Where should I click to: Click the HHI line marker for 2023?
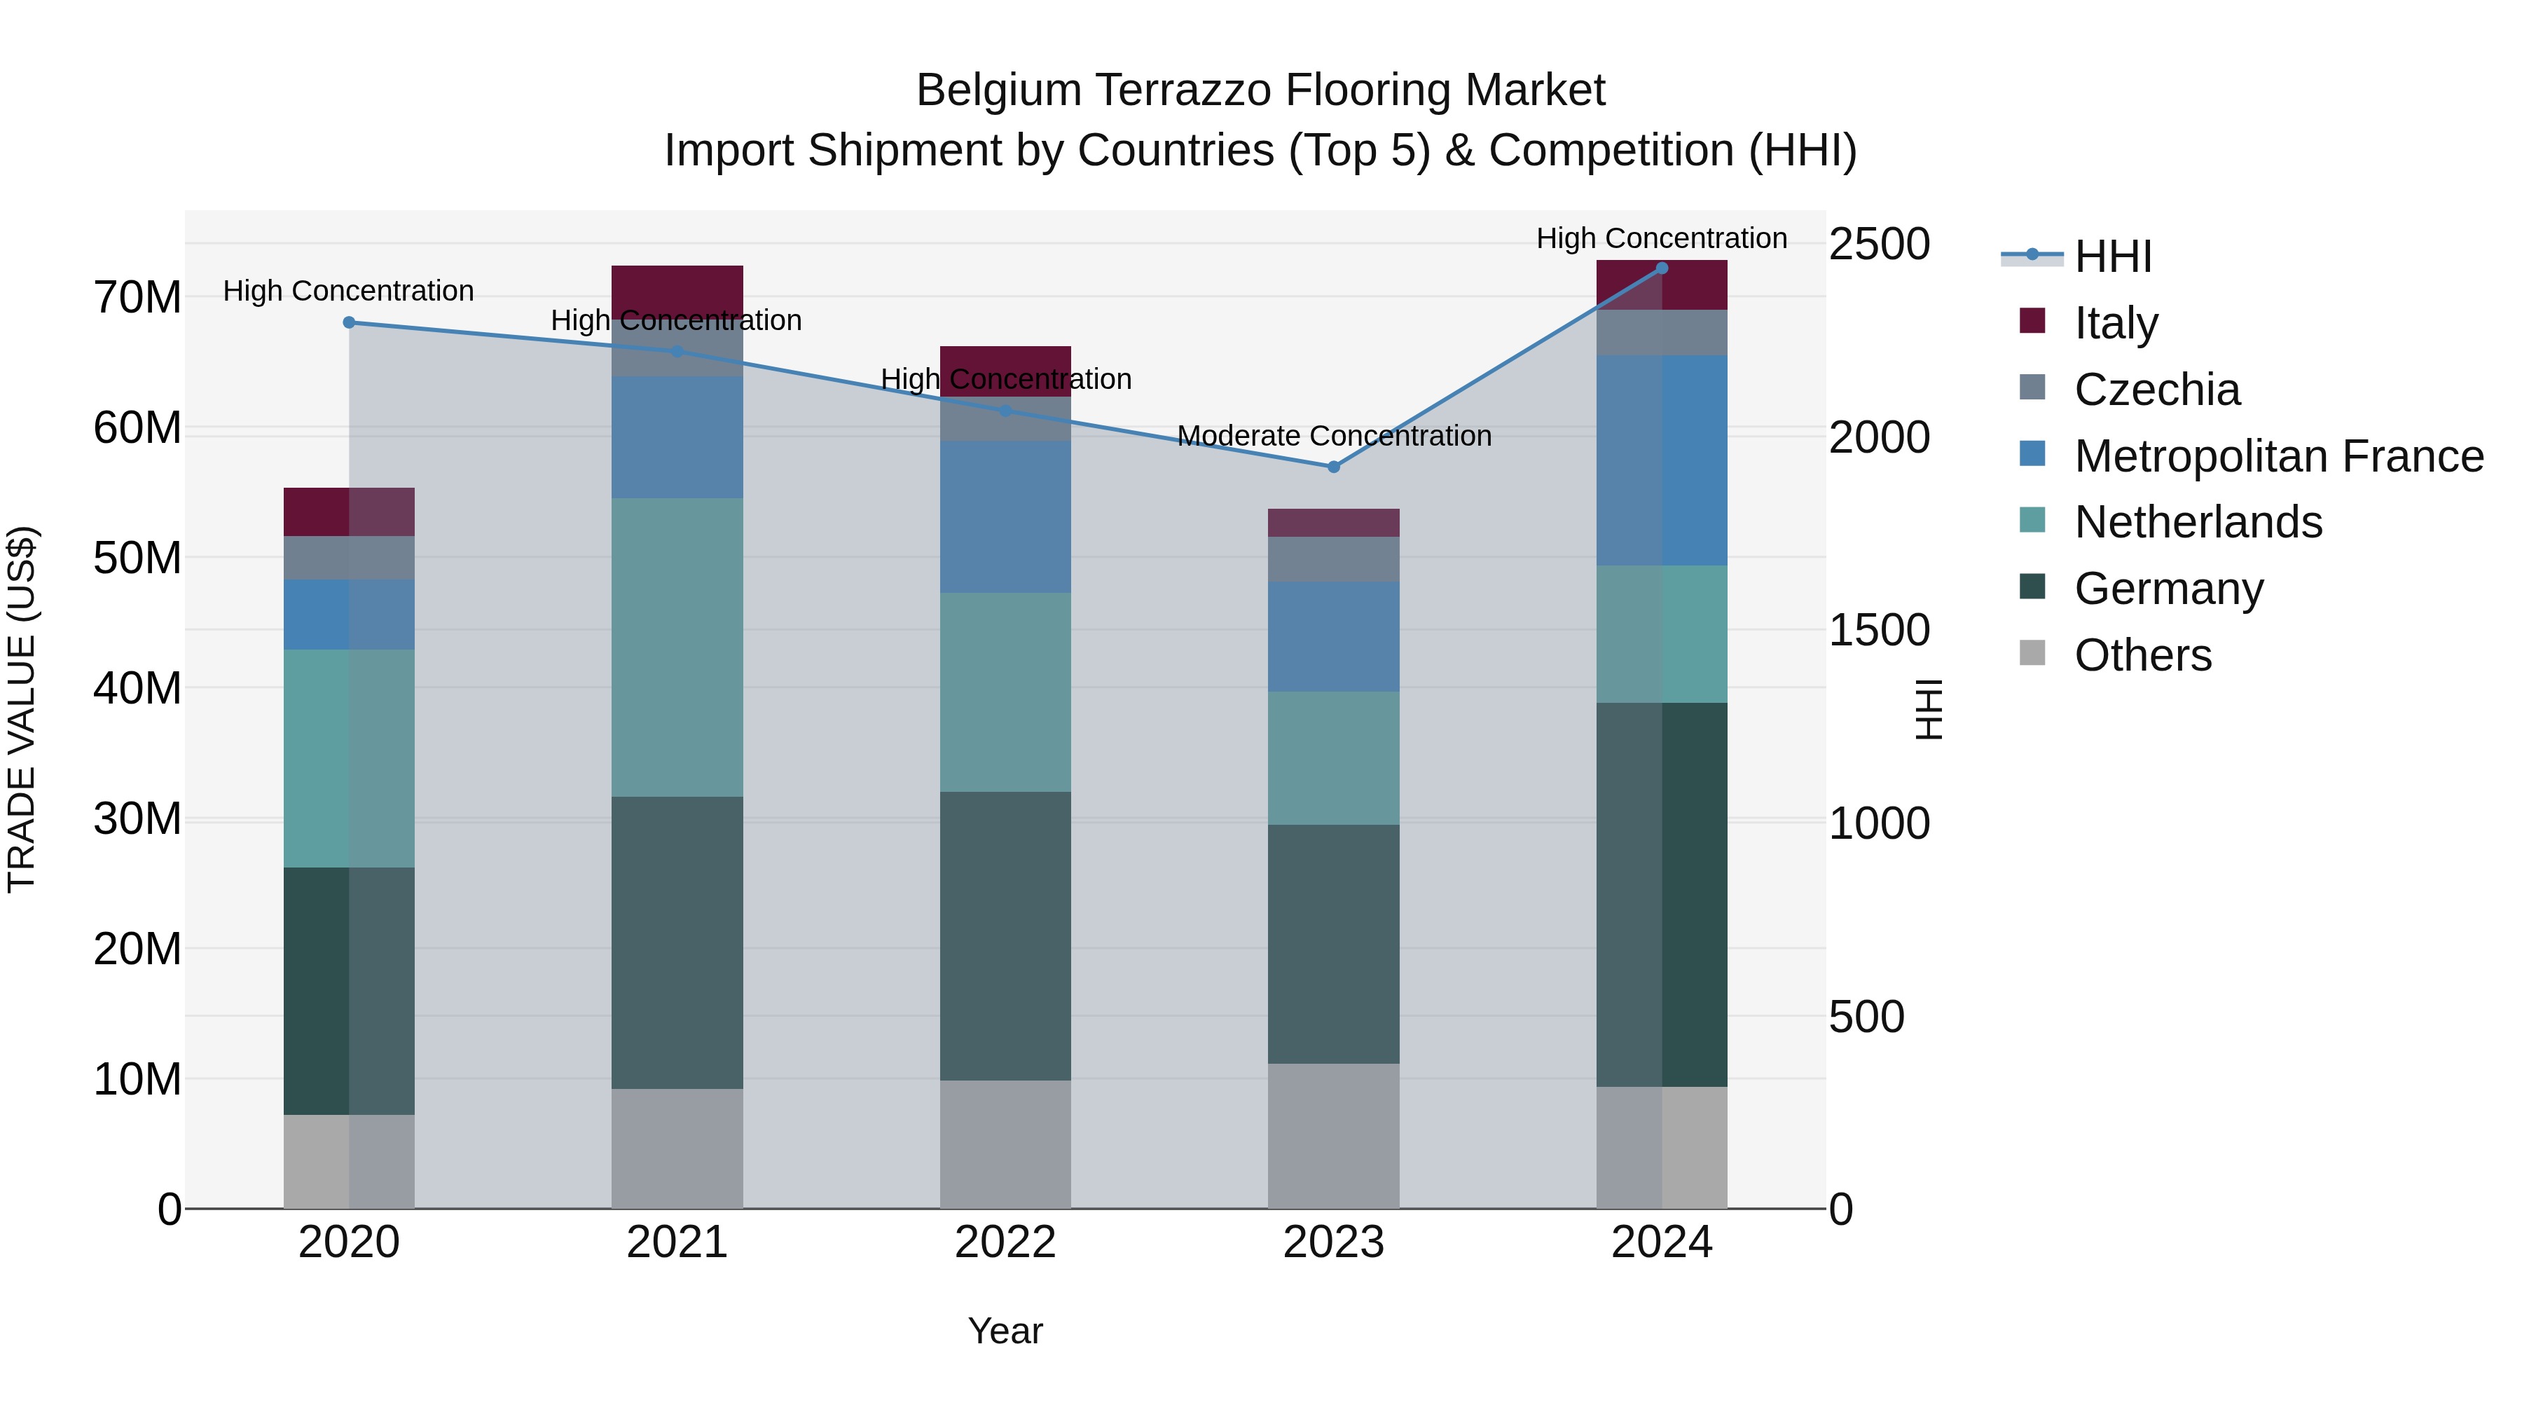click(x=1332, y=467)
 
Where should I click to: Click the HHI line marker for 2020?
click(x=349, y=322)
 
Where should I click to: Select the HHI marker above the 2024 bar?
click(x=1662, y=268)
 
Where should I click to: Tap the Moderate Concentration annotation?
click(x=1333, y=436)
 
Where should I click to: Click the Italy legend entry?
click(x=2115, y=322)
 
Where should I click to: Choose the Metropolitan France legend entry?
click(x=2278, y=455)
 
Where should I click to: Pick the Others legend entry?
click(x=2142, y=654)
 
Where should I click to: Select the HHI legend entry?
click(x=2111, y=256)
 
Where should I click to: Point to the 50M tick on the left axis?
click(x=137, y=558)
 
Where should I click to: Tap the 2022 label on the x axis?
click(x=1005, y=1242)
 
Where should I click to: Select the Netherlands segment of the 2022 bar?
click(x=1005, y=692)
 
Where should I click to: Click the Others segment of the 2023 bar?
click(x=1332, y=1136)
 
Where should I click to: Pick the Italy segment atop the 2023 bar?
click(x=1332, y=523)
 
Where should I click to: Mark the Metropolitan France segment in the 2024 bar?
click(x=1662, y=460)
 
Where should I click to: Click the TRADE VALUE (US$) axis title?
click(x=22, y=709)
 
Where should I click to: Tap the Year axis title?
click(x=1005, y=1331)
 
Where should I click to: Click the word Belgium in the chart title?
click(x=998, y=90)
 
